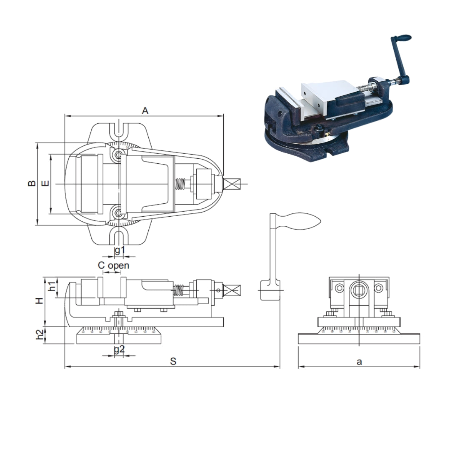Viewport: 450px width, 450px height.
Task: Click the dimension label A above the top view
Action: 145,110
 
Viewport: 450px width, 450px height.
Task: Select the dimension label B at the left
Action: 32,183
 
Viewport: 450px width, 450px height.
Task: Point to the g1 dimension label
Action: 120,250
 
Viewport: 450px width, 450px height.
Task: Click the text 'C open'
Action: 113,265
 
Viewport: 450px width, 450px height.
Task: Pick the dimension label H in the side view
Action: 39,300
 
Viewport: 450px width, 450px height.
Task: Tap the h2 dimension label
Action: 40,335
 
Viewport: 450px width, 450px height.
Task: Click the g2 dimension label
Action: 119,349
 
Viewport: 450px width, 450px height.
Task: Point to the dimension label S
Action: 173,361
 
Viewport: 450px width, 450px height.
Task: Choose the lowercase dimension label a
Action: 359,361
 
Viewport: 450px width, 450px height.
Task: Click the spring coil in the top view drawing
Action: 180,184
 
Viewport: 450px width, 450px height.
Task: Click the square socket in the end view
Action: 359,289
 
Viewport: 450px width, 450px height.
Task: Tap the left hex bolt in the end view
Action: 339,288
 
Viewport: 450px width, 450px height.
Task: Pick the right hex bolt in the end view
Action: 378,288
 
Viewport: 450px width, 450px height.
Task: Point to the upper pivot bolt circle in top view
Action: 120,155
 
